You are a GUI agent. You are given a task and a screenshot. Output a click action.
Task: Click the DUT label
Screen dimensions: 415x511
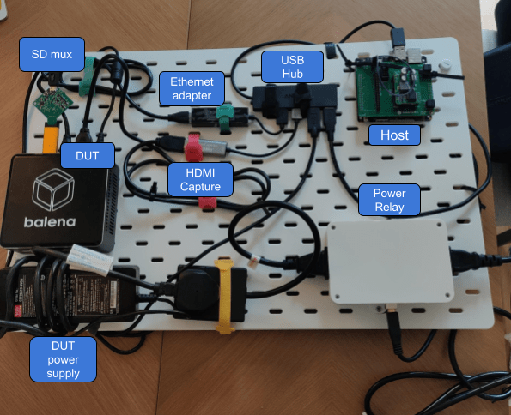pos(81,156)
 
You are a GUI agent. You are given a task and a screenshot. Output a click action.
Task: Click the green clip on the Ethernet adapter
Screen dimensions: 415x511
pos(225,114)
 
